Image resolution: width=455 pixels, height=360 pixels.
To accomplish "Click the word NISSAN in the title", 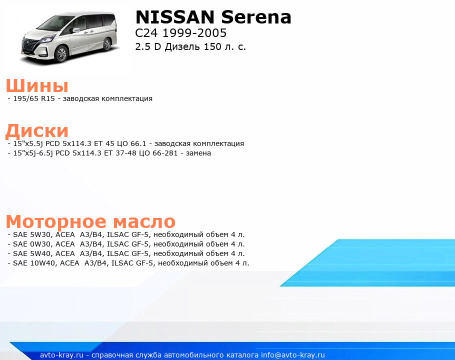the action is (x=174, y=17).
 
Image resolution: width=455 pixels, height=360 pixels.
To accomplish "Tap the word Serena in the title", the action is (x=256, y=17).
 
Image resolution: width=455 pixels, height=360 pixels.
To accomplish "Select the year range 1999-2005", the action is (x=194, y=33).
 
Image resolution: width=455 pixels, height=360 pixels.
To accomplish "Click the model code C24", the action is (x=146, y=33).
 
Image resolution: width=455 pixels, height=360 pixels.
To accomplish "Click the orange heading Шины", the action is (x=37, y=86).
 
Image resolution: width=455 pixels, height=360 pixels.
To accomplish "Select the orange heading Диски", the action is (x=37, y=130).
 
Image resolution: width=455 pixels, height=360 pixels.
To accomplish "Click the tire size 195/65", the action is (x=25, y=98).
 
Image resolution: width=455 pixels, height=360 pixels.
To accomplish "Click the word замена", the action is (x=198, y=153).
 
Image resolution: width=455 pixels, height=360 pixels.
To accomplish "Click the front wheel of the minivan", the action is (x=62, y=54).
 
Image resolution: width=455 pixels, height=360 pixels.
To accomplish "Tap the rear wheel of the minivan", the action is (x=107, y=44).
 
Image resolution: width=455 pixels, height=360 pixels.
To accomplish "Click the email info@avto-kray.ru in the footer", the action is (x=293, y=355).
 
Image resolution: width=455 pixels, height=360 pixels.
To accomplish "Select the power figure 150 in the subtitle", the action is (x=212, y=46).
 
